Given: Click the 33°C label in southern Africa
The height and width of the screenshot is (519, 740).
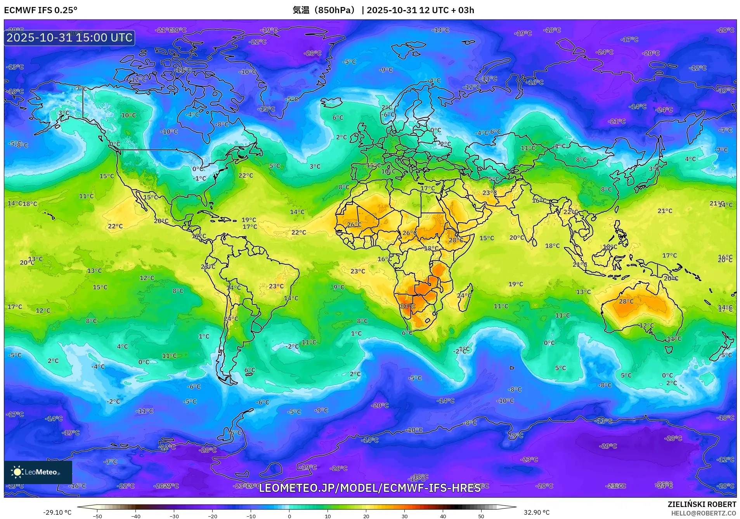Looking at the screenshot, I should pos(407,306).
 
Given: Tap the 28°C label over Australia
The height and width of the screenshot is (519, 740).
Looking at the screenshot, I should pos(626,301).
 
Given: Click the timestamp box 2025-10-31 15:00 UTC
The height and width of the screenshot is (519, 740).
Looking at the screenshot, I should pos(69,38).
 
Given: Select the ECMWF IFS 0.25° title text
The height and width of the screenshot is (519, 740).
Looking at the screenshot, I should pos(41,10).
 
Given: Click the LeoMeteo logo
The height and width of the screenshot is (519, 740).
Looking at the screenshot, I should pos(38,472).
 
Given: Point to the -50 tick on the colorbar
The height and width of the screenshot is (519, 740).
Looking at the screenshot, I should pos(98,516).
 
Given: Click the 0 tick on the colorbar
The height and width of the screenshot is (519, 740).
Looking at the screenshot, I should pos(289,516).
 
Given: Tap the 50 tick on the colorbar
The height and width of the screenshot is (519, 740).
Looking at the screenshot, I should pos(481,516).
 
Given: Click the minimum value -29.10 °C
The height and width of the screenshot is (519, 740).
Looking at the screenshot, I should pos(57,512).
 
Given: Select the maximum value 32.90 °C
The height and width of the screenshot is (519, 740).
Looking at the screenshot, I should pos(537,512).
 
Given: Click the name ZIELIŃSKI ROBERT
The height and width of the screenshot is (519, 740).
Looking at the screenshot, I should pos(702,504).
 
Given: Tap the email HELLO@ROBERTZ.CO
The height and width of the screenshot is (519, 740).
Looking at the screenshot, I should pos(704,513).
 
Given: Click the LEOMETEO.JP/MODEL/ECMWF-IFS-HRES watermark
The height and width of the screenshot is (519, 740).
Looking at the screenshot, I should pos(370,488).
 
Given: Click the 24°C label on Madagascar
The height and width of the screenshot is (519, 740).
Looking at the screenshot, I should pos(464,296).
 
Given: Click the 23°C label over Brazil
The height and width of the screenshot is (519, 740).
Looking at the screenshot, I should pos(276,286).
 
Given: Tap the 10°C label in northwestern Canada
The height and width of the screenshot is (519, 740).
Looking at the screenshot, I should pos(128,115).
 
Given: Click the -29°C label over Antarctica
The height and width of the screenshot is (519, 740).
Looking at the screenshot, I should pos(608,446).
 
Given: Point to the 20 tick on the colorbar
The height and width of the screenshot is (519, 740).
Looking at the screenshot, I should pos(366,516).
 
